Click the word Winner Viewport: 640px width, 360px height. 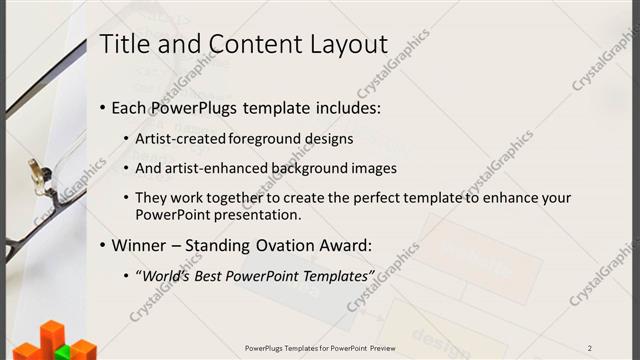pyautogui.click(x=139, y=245)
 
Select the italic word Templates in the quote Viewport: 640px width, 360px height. pyautogui.click(x=335, y=275)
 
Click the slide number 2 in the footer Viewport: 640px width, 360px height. pyautogui.click(x=590, y=348)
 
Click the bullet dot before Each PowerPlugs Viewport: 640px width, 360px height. pyautogui.click(x=104, y=108)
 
